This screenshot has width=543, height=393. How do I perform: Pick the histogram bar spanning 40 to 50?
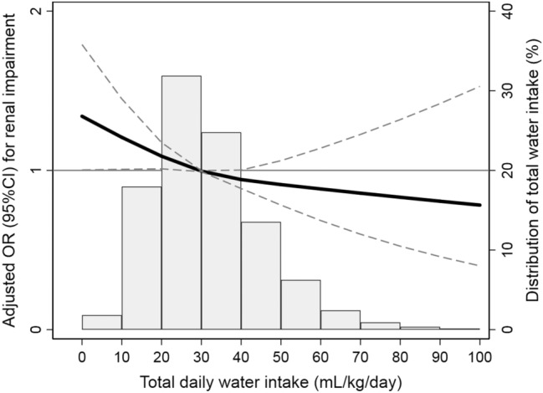[261, 275]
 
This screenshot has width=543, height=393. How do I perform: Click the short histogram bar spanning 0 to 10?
[101, 322]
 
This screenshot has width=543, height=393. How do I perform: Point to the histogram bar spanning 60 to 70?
[341, 319]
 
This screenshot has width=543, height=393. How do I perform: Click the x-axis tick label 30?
[202, 353]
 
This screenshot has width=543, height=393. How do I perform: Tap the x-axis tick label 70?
[361, 353]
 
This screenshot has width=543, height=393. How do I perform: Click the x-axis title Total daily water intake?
[281, 379]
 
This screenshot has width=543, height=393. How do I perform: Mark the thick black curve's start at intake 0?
[83, 116]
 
